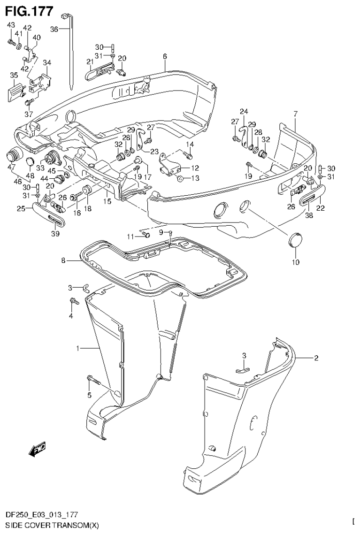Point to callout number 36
coord(54,29)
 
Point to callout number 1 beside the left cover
coord(80,349)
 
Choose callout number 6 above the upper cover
coord(165,56)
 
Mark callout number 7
coord(295,114)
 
